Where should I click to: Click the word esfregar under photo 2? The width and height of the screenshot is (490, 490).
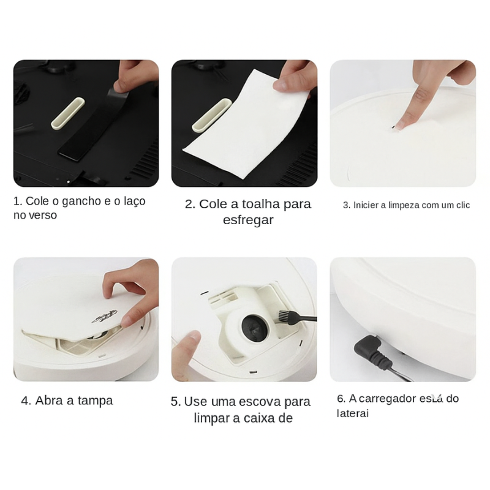[x=248, y=220]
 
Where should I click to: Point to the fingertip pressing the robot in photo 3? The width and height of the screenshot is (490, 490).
[x=401, y=123]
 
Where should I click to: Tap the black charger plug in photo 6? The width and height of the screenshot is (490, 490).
[x=369, y=351]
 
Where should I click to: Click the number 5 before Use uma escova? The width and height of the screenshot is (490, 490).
[x=176, y=402]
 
